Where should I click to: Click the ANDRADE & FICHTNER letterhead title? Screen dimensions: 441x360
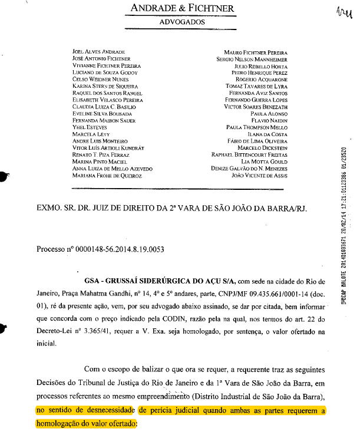[x=183, y=8]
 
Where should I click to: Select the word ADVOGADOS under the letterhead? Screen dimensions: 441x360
[x=182, y=22]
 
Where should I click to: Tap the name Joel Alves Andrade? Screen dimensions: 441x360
[x=98, y=52]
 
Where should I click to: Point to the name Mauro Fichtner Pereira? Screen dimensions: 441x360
[x=256, y=52]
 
